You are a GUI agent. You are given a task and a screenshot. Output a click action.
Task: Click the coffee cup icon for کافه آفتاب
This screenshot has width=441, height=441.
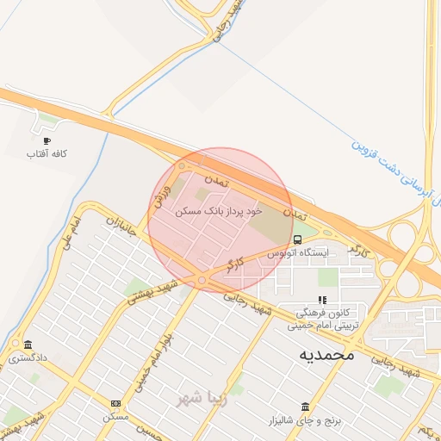point(46,140)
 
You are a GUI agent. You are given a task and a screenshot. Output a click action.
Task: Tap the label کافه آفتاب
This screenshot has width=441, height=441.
point(47,153)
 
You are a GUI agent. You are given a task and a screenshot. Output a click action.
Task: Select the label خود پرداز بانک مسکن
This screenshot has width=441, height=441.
point(217,210)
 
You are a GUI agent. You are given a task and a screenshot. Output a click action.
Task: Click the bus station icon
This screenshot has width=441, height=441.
point(297,239)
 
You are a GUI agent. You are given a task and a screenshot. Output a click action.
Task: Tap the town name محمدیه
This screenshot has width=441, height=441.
point(327,354)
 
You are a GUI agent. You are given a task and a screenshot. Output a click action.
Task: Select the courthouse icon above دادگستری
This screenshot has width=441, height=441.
point(28,345)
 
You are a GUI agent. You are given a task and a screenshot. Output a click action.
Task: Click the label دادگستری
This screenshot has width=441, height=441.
point(28,357)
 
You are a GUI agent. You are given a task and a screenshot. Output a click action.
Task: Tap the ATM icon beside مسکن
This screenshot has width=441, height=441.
point(115,404)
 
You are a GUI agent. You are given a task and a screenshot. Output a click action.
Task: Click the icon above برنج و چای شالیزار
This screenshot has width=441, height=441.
point(305,407)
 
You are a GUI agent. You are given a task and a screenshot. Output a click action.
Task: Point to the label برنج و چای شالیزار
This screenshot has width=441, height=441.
point(305,419)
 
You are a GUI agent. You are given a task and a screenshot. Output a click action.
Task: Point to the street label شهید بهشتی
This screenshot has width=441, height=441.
point(152,292)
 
